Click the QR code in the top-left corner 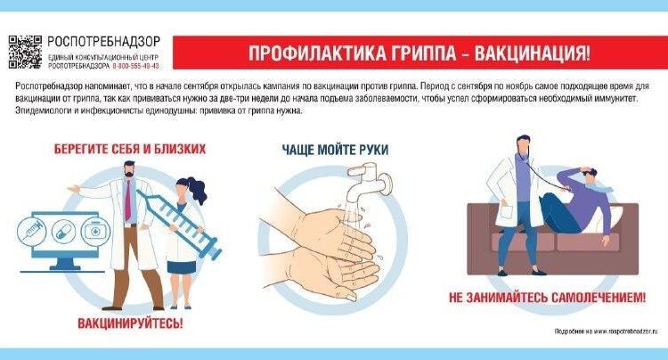[24, 52]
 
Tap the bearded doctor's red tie [128, 201]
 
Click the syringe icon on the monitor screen [33, 229]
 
